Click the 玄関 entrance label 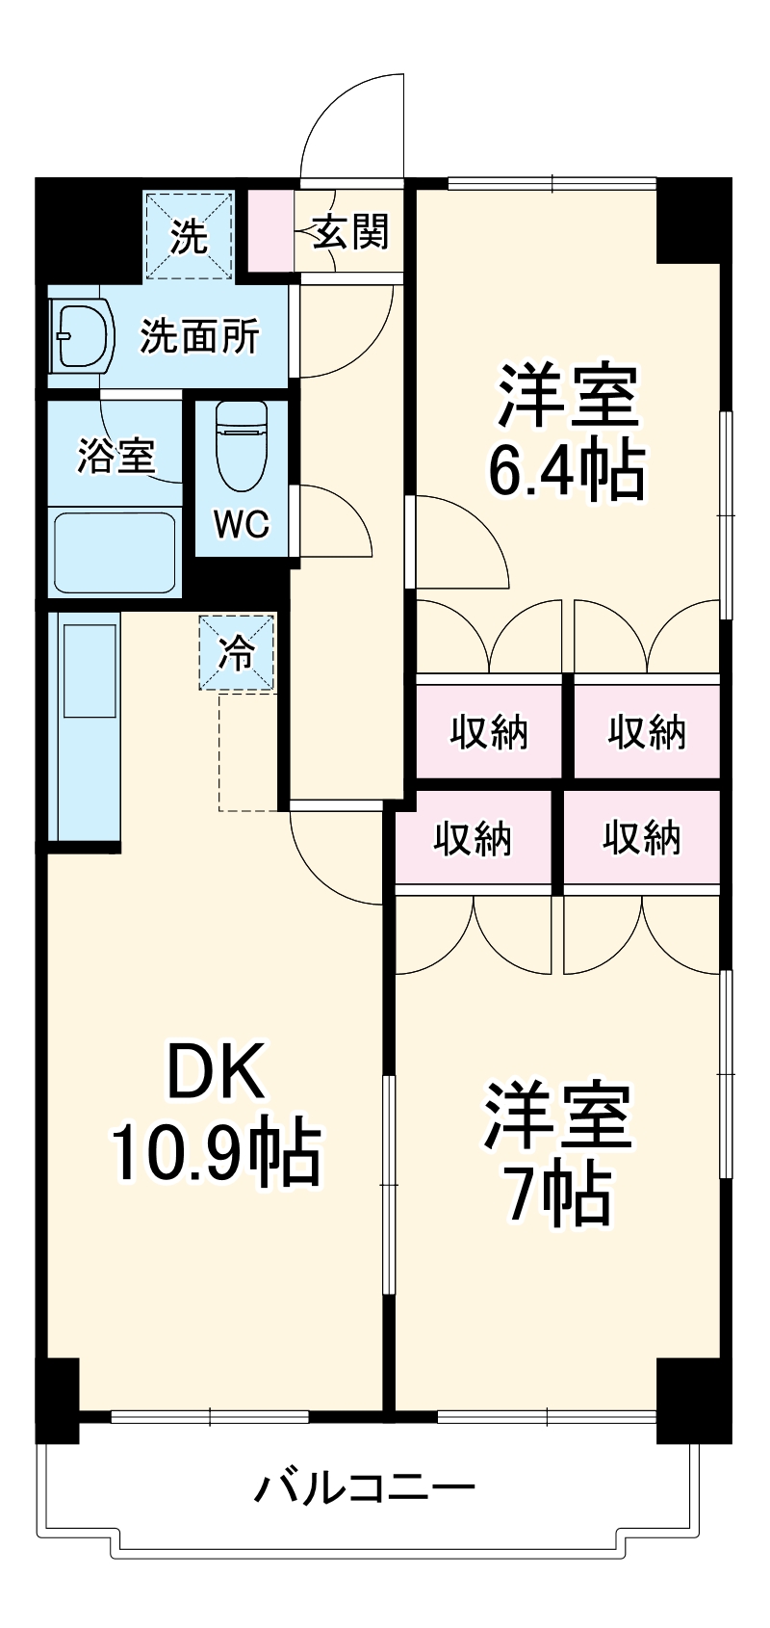(x=350, y=232)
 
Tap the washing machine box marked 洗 (x=189, y=235)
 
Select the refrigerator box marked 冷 (x=237, y=652)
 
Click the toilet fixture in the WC (x=241, y=444)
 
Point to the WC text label (x=241, y=524)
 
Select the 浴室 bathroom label (x=116, y=456)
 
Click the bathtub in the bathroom (x=115, y=552)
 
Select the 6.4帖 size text (x=566, y=469)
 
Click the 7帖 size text (x=558, y=1195)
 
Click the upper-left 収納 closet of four (x=489, y=732)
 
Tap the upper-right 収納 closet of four (x=647, y=732)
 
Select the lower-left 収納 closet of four (x=473, y=838)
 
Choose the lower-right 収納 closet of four (x=641, y=838)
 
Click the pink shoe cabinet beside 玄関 (x=269, y=231)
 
